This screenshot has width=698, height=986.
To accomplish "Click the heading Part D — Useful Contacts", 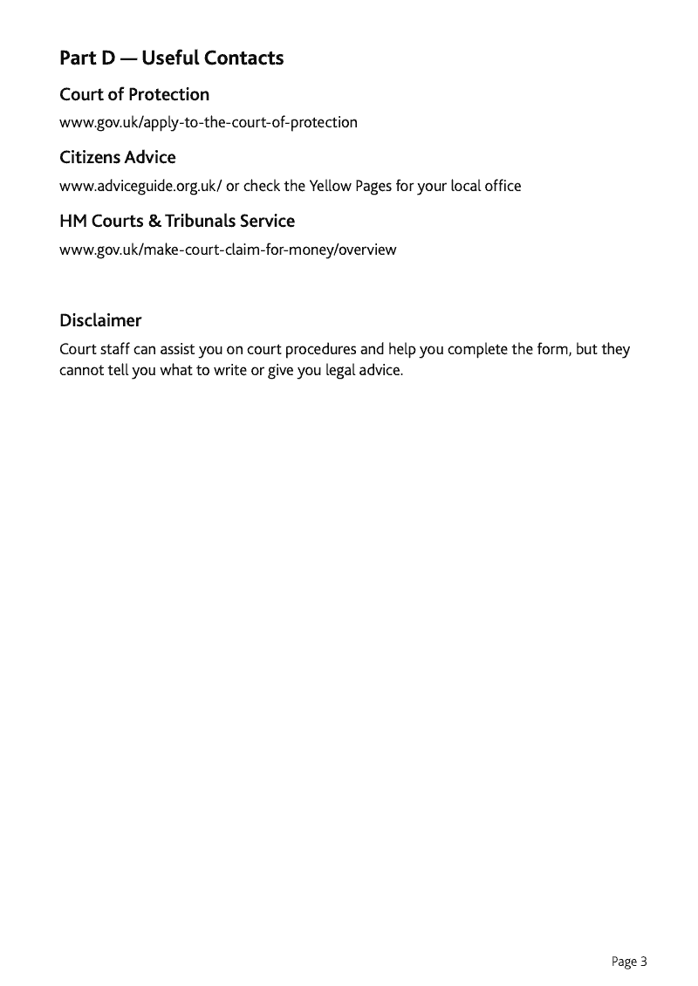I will [171, 58].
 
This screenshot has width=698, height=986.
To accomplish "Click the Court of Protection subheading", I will [134, 94].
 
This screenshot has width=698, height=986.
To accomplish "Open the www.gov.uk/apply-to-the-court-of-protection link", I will [208, 122].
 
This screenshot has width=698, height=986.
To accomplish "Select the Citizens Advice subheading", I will [117, 158].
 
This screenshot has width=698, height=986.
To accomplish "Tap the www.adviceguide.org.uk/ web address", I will [140, 186].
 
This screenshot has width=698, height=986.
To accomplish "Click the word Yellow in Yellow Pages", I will [330, 186].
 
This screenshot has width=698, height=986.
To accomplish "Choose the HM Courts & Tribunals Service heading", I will [177, 222].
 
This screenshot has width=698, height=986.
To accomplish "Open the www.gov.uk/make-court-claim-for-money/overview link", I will [228, 250].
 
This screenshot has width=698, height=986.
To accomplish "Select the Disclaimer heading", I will [100, 320].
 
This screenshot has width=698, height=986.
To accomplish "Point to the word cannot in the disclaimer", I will [82, 370].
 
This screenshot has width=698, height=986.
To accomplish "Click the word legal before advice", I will [343, 370].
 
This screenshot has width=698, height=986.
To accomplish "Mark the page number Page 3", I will [629, 962].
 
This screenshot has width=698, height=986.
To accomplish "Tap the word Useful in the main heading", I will [169, 58].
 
